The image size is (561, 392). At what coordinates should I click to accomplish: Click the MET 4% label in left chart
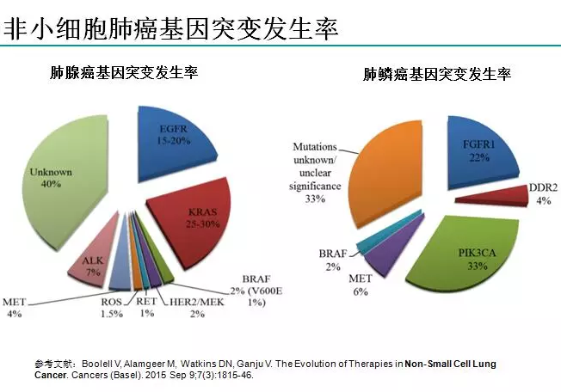pyautogui.click(x=15, y=308)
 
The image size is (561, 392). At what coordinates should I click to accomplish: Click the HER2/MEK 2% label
pyautogui.click(x=191, y=307)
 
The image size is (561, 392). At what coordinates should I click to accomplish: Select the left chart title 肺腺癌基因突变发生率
pyautogui.click(x=126, y=72)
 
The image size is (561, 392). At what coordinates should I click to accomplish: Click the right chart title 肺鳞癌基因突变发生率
pyautogui.click(x=438, y=75)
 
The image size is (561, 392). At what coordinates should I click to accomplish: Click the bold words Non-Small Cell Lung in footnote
pyautogui.click(x=448, y=364)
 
